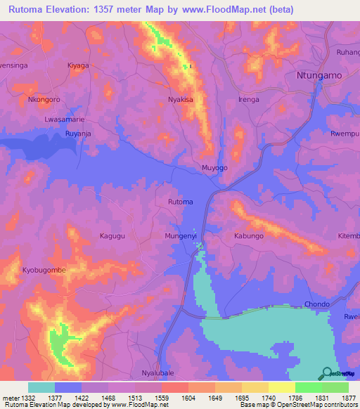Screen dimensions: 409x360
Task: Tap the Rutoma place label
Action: click(180, 202)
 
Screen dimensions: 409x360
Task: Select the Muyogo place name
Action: click(214, 168)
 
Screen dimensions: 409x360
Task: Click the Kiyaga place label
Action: click(78, 65)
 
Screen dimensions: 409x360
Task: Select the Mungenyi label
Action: click(181, 237)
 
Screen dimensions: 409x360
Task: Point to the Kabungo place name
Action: click(248, 237)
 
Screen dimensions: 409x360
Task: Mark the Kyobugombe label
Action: click(44, 271)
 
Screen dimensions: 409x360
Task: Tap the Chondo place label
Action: click(316, 304)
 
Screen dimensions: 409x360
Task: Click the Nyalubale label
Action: click(157, 372)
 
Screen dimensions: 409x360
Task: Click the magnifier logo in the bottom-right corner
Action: click(327, 373)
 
